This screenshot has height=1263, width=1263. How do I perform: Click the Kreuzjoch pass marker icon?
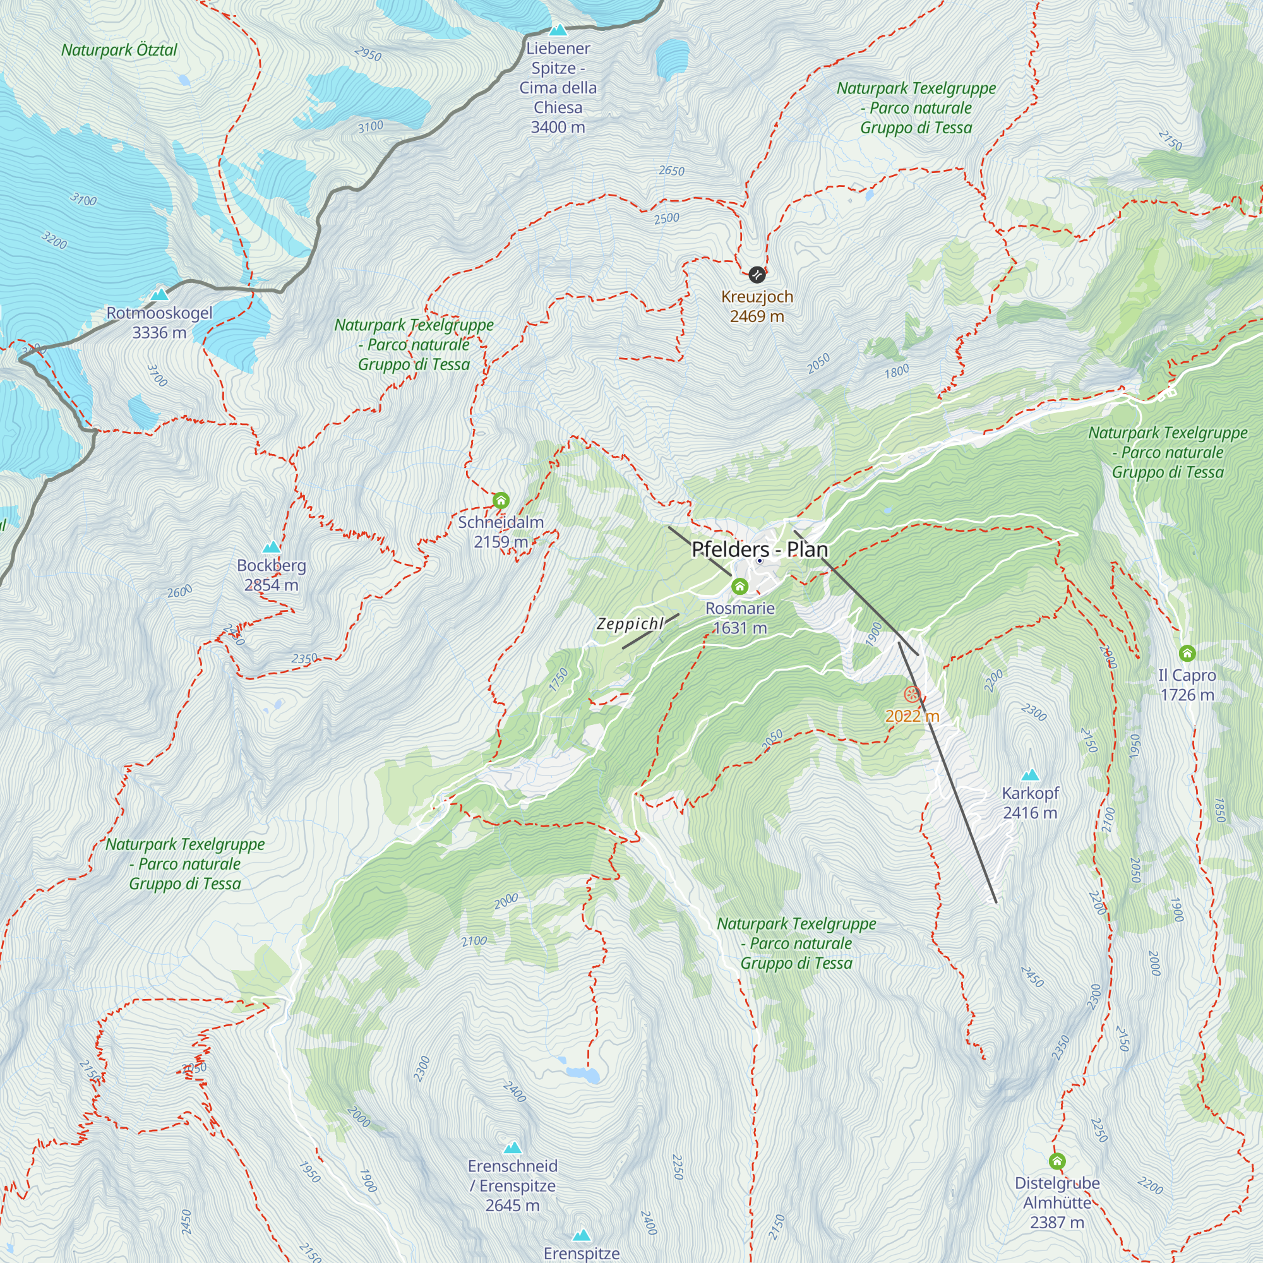757,275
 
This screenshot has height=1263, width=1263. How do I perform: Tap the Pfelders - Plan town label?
760,550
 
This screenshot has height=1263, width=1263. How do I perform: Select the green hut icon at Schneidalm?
501,501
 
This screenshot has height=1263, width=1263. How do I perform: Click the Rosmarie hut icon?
739,587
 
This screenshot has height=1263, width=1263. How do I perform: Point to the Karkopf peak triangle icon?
1030,775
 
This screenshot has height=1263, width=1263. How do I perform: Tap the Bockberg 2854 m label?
272,575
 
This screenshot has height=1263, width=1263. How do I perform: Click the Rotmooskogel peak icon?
160,295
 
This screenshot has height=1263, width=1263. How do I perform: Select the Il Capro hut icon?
1187,652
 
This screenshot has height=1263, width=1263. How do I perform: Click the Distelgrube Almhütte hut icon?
1057,1161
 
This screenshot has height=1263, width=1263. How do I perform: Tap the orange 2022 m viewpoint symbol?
912,694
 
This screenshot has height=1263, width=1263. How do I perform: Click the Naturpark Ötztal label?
119,51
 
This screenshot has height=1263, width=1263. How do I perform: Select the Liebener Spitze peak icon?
558,30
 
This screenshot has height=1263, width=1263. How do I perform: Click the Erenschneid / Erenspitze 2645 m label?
513,1185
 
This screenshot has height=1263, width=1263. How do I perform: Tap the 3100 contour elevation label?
371,127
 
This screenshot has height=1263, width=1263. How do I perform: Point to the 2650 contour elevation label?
671,171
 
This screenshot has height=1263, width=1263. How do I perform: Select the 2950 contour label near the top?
368,54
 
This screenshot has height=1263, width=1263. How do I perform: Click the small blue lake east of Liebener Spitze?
672,57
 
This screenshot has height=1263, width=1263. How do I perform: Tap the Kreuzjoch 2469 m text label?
757,307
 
